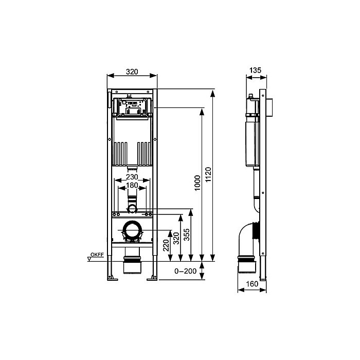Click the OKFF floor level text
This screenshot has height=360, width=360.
pos(97,255)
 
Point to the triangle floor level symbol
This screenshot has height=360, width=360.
pos(89,259)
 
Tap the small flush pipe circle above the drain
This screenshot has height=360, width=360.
pos(133,208)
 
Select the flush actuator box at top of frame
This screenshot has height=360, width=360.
pos(133,106)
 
